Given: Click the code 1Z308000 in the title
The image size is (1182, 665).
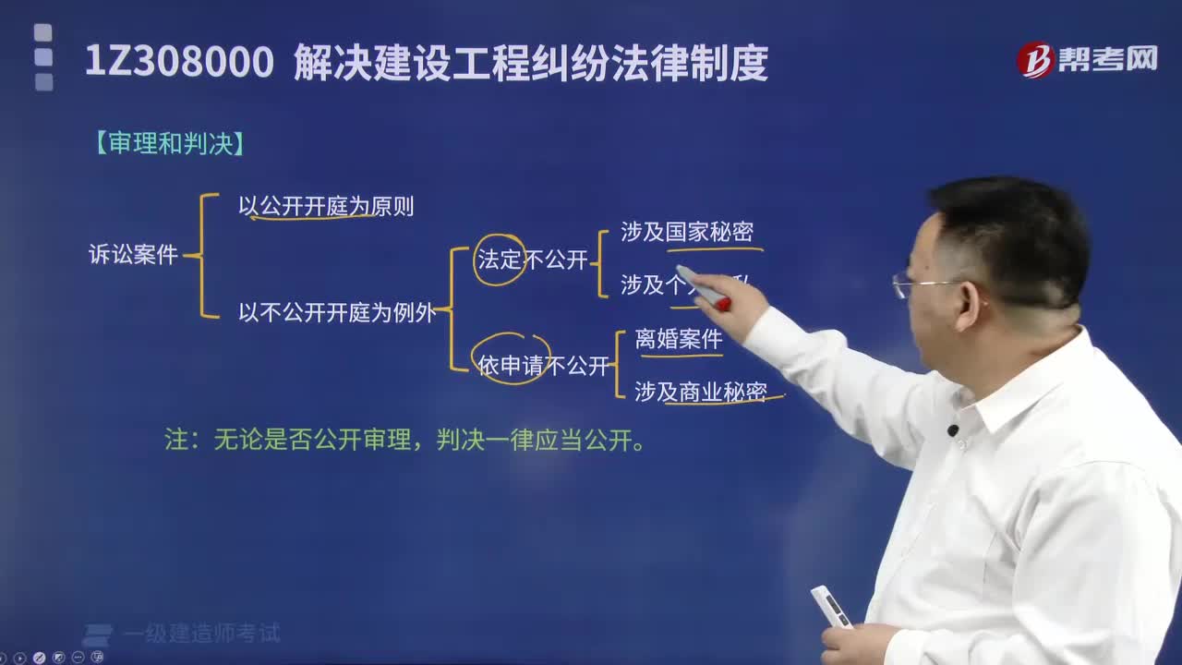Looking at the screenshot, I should point(179,64).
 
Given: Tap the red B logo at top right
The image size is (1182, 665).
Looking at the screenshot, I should point(1035,60).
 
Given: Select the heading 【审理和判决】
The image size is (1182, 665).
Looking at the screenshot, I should point(169,145).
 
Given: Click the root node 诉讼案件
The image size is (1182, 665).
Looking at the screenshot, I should point(133,256).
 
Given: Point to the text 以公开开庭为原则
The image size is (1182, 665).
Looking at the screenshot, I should point(326,207).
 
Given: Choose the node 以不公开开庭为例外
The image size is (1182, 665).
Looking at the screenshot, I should point(337,312).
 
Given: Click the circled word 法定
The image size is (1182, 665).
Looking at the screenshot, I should point(500,260).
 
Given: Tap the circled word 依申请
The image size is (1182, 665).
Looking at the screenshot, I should point(512,366).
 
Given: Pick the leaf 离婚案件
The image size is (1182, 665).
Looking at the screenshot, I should point(679,339).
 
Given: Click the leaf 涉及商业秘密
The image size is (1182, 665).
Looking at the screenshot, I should point(701,392).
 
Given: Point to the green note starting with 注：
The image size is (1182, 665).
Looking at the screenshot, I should point(404,441).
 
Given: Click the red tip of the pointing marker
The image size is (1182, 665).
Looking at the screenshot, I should point(723,304).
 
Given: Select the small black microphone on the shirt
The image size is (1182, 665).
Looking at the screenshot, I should point(953,430).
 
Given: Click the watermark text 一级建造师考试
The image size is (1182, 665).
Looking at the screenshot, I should point(214,634).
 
